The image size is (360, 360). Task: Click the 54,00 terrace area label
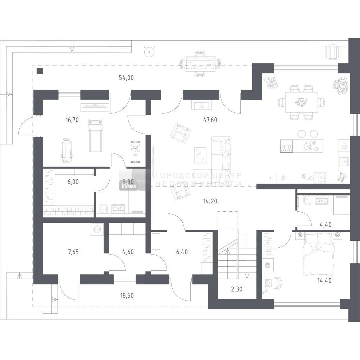[x=126, y=78]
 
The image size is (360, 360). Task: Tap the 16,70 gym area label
[x=72, y=120]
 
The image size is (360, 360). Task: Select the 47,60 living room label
[x=210, y=120]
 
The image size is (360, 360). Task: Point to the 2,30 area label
[x=237, y=289]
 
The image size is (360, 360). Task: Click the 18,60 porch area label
[x=127, y=296]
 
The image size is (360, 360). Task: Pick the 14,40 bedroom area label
[x=324, y=280]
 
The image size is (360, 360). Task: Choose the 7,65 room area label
[x=73, y=252]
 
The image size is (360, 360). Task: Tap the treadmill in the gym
[x=95, y=136]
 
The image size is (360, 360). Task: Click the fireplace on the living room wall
[x=201, y=105]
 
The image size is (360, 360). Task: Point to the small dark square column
[x=40, y=71]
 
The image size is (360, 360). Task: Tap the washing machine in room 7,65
[x=97, y=229]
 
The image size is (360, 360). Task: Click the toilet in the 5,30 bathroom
[x=104, y=208]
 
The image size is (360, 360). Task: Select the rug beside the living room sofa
[x=200, y=155]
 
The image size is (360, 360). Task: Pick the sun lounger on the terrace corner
[x=334, y=52]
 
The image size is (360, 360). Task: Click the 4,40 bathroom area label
[x=325, y=224]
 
